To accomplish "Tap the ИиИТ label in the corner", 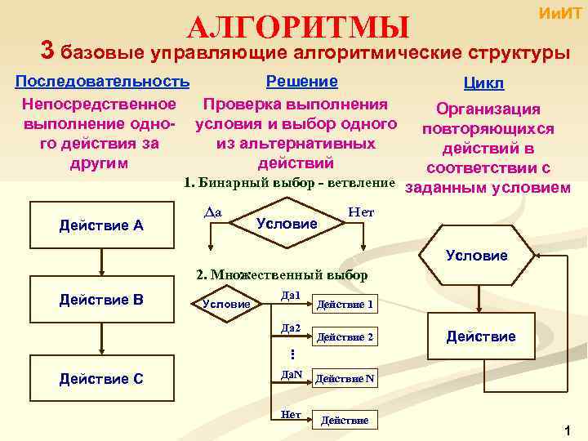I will click(x=559, y=13).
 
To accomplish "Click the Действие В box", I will click(x=101, y=300).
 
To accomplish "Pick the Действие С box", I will click(x=101, y=378).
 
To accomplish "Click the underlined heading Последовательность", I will click(x=103, y=82).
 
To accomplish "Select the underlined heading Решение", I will click(x=301, y=82).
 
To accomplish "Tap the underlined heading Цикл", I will click(x=483, y=84).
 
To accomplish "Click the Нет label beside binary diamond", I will click(x=360, y=212).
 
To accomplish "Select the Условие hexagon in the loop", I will click(x=477, y=256).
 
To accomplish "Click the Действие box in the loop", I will click(x=480, y=336).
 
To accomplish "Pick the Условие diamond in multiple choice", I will click(x=226, y=304).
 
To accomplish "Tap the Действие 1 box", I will click(x=345, y=305).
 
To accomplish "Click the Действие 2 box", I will click(x=345, y=336).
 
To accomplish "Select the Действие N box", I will click(x=345, y=379).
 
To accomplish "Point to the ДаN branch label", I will click(x=292, y=375).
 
